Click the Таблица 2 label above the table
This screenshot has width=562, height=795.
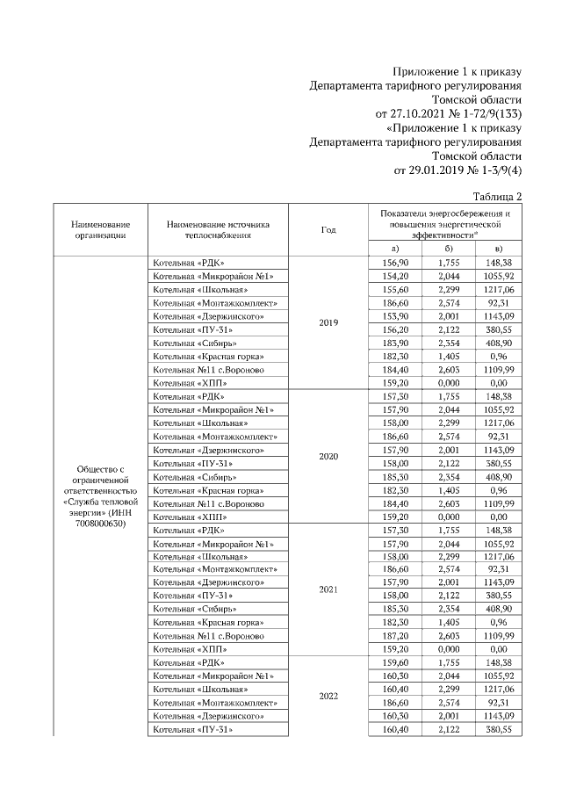point(497,196)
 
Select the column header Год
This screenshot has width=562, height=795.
point(328,229)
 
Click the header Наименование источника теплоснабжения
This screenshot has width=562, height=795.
point(219,229)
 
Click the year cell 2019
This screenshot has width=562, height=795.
point(328,322)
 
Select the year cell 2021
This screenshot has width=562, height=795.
point(328,590)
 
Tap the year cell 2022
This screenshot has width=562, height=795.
point(328,697)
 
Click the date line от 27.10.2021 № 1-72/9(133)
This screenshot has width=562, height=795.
point(449,113)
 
